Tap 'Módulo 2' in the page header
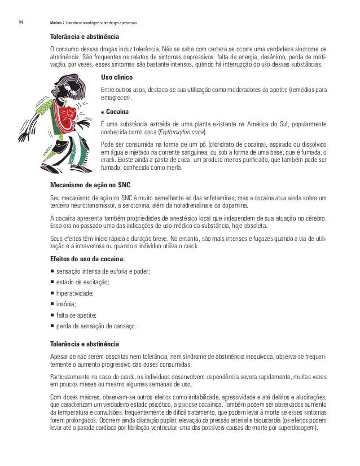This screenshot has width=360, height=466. [56, 23]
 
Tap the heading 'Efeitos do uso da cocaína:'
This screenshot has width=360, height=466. [87, 259]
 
